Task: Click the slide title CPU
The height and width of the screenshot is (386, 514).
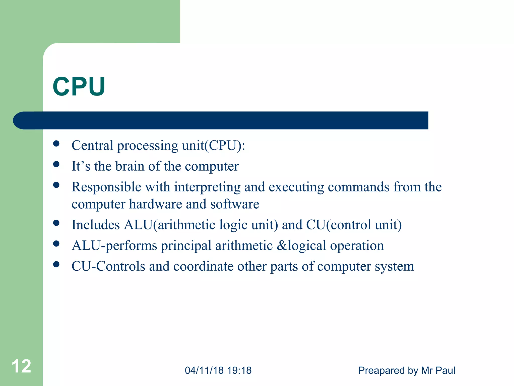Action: (79, 86)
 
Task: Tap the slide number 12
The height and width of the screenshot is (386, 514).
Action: (21, 366)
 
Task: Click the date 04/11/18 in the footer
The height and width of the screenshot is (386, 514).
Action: (204, 370)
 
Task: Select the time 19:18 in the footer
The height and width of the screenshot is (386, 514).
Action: (239, 370)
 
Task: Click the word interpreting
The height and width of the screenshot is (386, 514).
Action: (207, 187)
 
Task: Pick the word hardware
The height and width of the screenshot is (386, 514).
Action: (155, 204)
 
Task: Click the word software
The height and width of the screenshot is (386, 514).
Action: (235, 204)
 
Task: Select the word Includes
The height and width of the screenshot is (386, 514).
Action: (96, 225)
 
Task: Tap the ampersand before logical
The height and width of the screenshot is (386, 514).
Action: (282, 246)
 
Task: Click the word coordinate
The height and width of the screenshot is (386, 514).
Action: (203, 266)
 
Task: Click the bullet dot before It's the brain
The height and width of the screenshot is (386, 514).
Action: (56, 164)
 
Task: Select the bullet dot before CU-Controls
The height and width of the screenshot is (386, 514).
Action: (56, 264)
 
